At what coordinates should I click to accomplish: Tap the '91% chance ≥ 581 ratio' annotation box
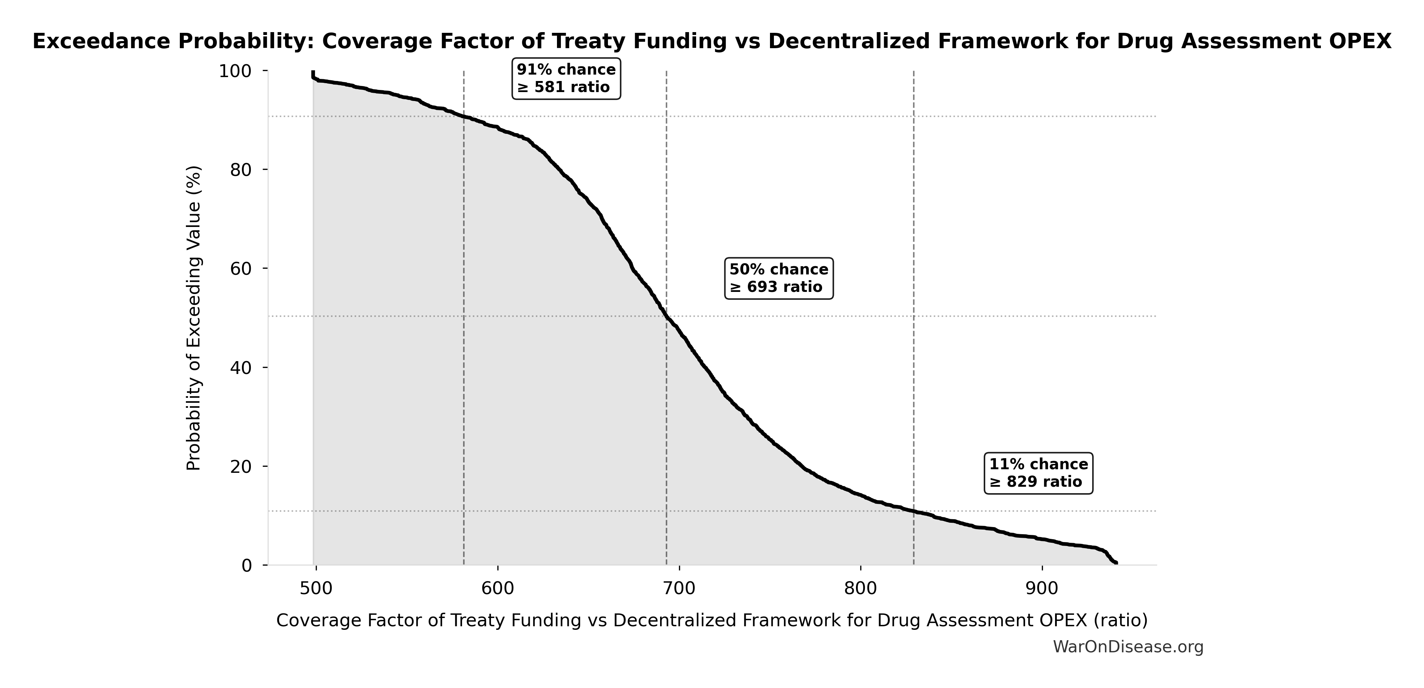[x=566, y=79]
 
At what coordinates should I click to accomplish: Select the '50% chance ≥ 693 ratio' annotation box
[x=778, y=278]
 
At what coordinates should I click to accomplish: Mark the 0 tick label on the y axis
[x=247, y=566]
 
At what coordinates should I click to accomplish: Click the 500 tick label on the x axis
[x=316, y=588]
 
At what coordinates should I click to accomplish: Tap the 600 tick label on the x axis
[x=497, y=588]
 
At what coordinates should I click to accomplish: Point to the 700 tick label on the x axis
[x=679, y=588]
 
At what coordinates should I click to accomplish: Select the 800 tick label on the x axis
[x=861, y=588]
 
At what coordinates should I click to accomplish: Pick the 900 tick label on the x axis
[x=1042, y=588]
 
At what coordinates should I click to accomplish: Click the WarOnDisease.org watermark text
[x=1128, y=647]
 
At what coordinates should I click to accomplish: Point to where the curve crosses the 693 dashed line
[x=666, y=317]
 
